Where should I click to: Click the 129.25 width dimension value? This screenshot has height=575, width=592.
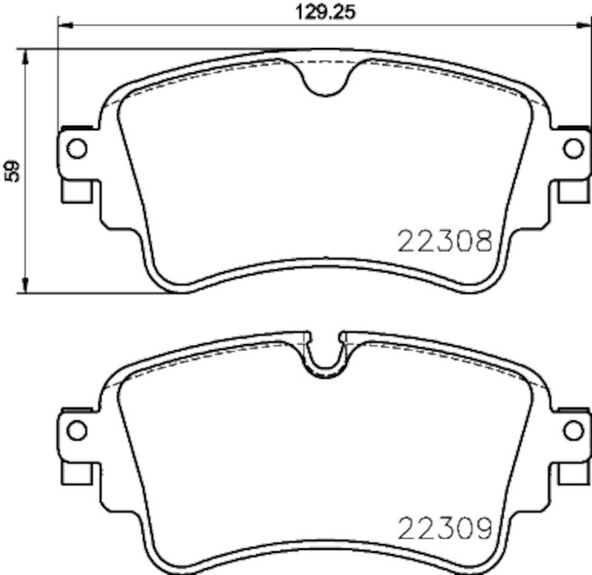pos(316,12)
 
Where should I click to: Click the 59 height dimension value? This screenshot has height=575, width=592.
pos(12,172)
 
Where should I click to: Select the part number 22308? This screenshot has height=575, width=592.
pos(445,241)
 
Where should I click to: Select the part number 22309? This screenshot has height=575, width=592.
pos(445,528)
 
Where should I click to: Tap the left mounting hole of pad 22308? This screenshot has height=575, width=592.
pos(77,148)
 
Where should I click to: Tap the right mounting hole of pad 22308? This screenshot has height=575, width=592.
pos(573,148)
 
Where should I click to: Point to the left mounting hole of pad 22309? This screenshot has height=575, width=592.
pos(77,429)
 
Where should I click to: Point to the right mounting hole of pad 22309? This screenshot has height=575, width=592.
pos(573,429)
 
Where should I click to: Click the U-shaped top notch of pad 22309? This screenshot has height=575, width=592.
pos(326,354)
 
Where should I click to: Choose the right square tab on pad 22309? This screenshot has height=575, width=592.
pos(572,471)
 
